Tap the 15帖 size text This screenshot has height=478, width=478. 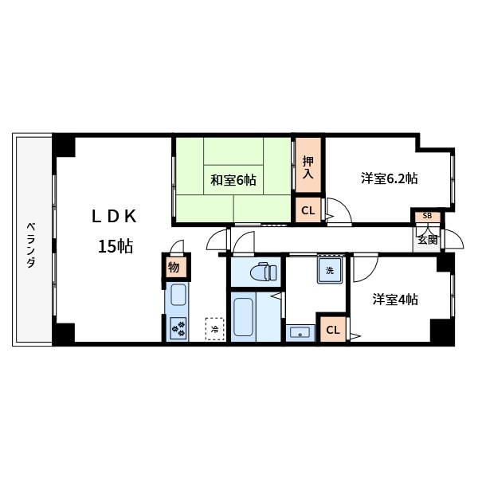pos(115,246)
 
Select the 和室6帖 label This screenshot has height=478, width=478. pos(233,180)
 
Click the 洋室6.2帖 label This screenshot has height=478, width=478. pos(389,178)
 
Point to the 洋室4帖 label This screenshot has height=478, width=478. pos(396,300)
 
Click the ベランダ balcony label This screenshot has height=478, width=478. pos(30,243)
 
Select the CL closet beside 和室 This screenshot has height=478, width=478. pos(308,211)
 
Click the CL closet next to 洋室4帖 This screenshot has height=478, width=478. pos(333,329)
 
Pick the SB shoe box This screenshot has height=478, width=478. pos(427,216)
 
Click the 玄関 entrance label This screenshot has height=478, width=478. pos(426,238)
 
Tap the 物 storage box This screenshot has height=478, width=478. pos(174,267)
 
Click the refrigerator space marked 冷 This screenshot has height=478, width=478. pos(214,327)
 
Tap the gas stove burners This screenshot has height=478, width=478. pos(178,327)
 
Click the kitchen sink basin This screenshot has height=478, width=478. pos(178,295)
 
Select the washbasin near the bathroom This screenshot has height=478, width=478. pos(300,332)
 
